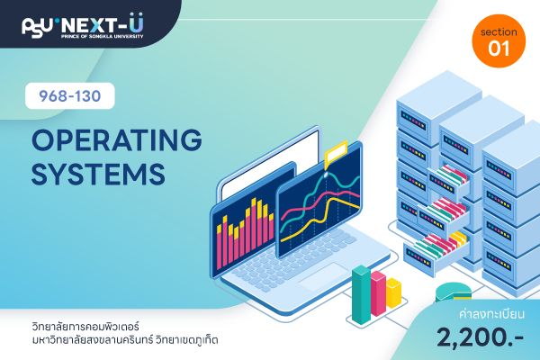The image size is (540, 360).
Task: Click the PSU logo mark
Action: click(x=37, y=27)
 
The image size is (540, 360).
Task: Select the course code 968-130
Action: click(x=70, y=96)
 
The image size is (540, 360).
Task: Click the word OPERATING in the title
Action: click(x=117, y=139)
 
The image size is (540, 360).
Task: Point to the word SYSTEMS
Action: click(x=98, y=174)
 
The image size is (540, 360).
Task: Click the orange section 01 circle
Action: click(x=499, y=41)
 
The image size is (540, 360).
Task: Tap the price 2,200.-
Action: click(x=481, y=337)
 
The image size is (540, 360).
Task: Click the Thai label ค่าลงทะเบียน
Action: click(x=491, y=314)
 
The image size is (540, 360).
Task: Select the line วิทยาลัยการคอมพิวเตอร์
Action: click(x=85, y=326)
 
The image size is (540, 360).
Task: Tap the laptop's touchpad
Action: click(x=325, y=276)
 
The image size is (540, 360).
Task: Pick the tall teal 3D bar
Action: click(x=361, y=294)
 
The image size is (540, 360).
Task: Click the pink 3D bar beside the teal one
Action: click(x=378, y=292)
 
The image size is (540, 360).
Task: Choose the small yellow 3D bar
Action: click(x=393, y=292)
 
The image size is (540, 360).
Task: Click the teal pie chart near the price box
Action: click(x=453, y=292)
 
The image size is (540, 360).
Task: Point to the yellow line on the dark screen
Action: click(x=320, y=218)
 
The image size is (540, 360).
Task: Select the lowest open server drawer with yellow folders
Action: click(x=436, y=254)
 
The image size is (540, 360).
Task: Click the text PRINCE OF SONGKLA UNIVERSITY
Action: click(x=103, y=36)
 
